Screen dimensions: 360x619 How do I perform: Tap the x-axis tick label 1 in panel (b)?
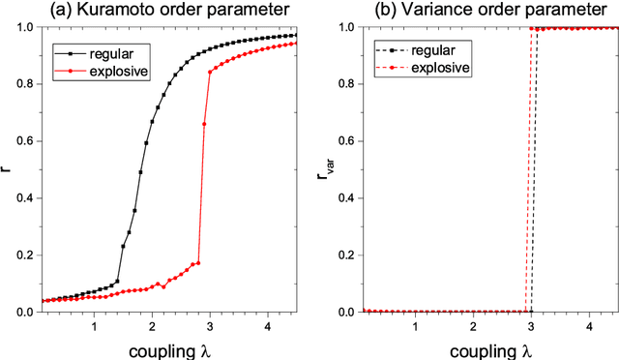[415, 326]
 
